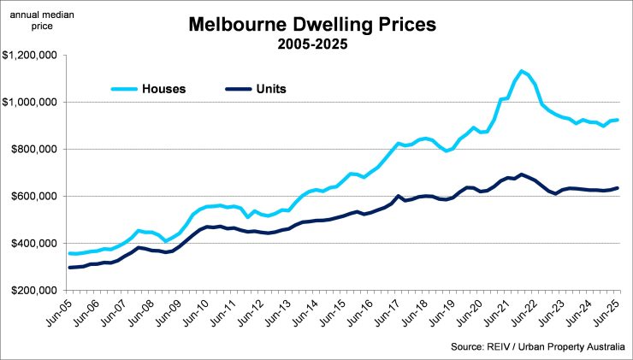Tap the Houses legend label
coord(164,87)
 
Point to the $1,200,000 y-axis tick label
coord(28,56)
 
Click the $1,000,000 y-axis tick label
coord(28,103)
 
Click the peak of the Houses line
coord(521,71)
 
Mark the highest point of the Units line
coord(521,174)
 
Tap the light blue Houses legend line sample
coord(123,87)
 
